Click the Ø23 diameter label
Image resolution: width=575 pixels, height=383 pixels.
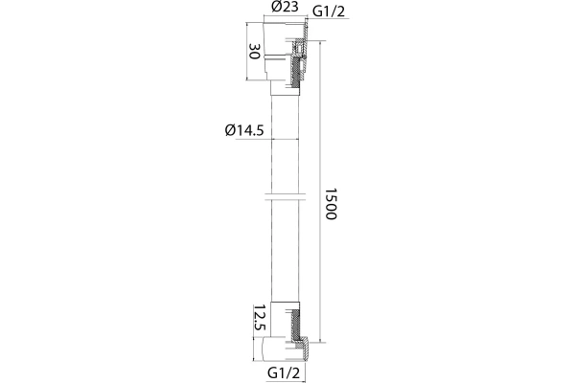(x=285, y=7)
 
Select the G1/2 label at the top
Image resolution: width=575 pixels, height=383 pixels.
(x=329, y=11)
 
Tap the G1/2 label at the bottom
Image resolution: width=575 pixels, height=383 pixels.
(x=284, y=373)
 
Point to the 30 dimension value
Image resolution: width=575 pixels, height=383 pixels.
(x=255, y=51)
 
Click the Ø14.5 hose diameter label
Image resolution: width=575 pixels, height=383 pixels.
(x=244, y=130)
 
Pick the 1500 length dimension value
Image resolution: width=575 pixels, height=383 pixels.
(x=331, y=204)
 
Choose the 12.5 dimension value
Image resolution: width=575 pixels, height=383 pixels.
(x=260, y=318)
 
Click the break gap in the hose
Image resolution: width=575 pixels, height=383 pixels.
(x=286, y=197)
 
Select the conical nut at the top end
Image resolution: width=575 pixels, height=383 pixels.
(x=286, y=52)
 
